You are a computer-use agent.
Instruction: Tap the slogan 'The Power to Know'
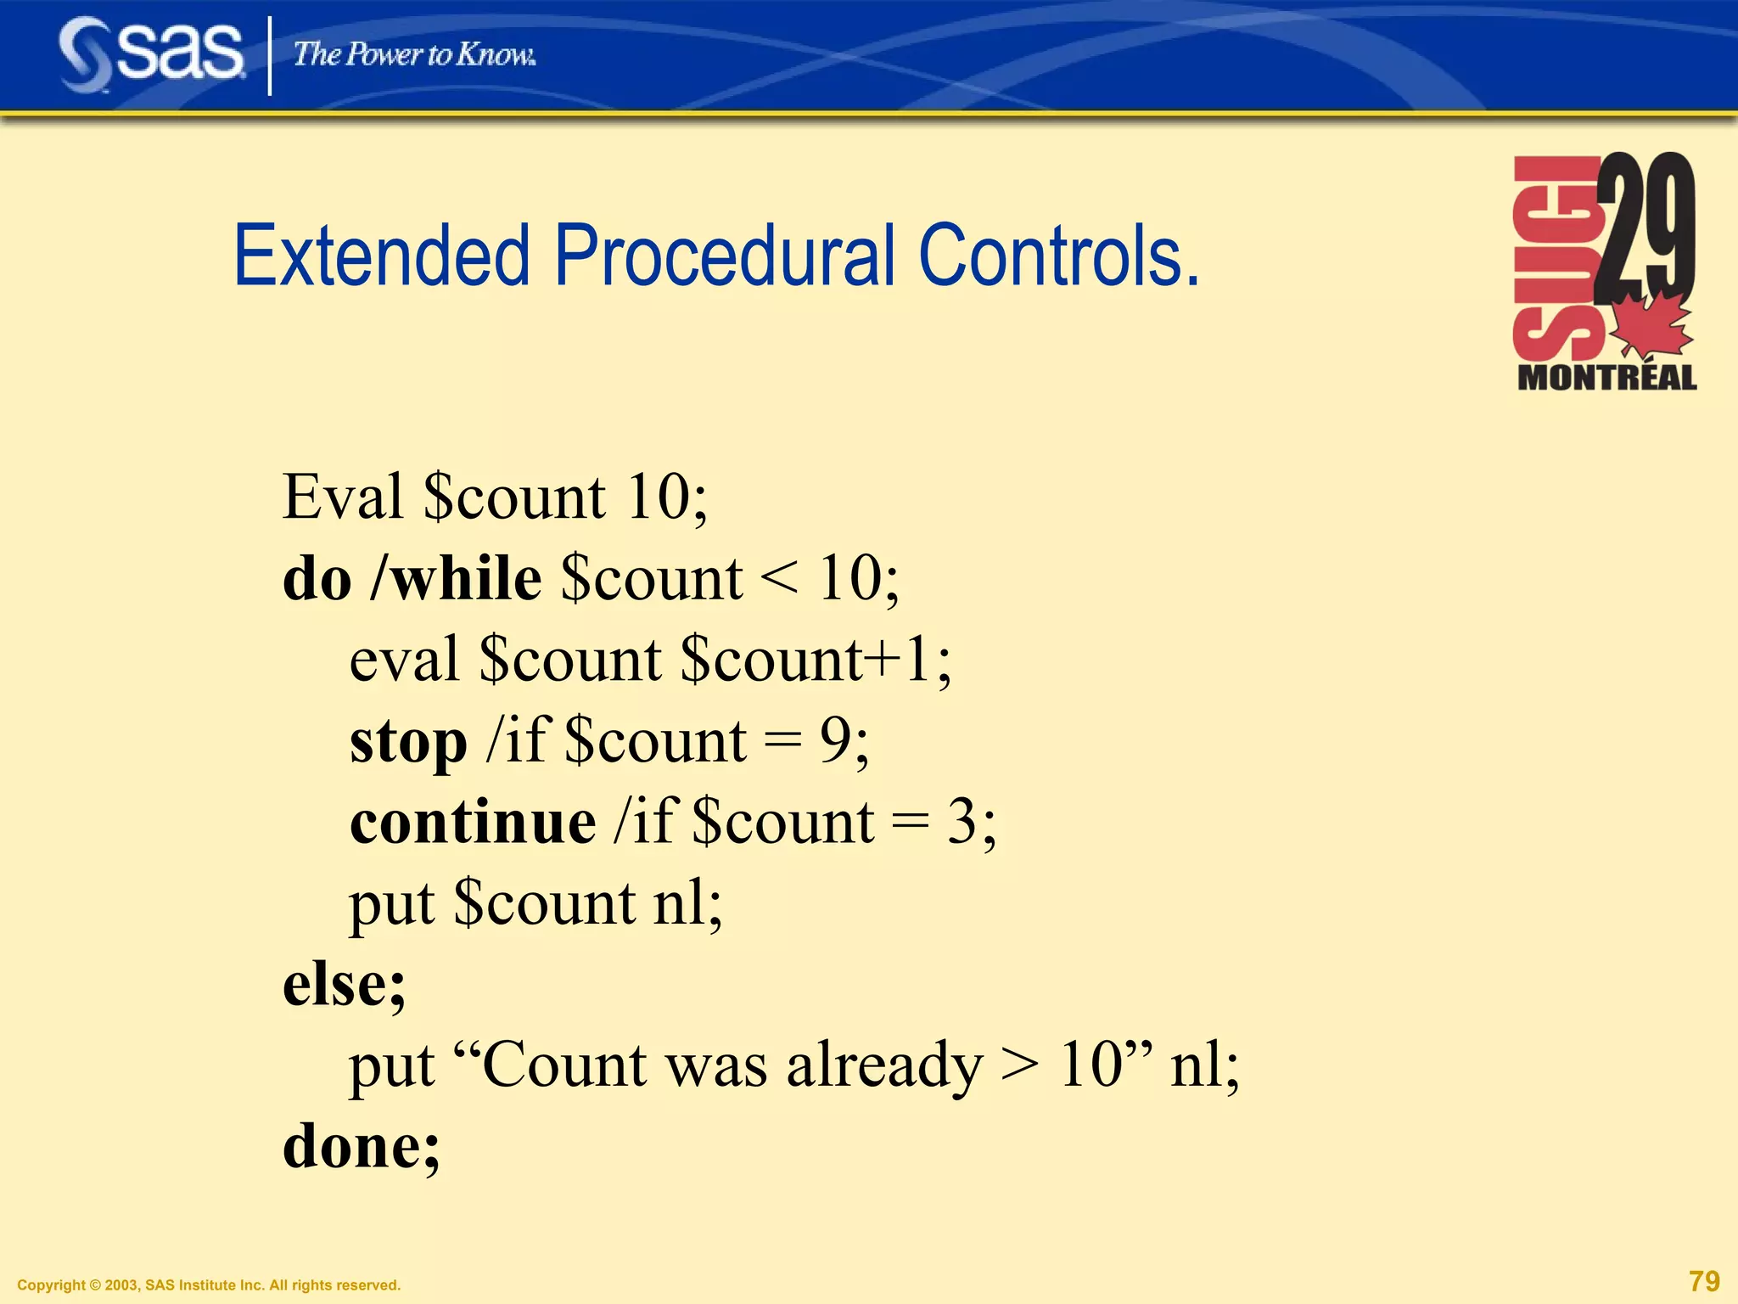click(x=414, y=54)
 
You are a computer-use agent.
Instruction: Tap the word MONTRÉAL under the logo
click(x=1606, y=378)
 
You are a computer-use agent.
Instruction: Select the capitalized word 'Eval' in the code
click(x=343, y=497)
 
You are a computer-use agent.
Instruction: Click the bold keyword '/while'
click(x=457, y=579)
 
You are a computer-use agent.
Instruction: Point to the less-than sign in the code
click(x=779, y=579)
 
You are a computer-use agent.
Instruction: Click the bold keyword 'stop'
click(x=408, y=742)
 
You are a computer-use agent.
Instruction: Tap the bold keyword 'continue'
click(x=473, y=823)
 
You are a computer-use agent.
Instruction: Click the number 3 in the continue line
click(x=962, y=822)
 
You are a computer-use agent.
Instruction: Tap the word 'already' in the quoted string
click(x=884, y=1066)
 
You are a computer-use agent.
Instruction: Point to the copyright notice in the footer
click(x=209, y=1285)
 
